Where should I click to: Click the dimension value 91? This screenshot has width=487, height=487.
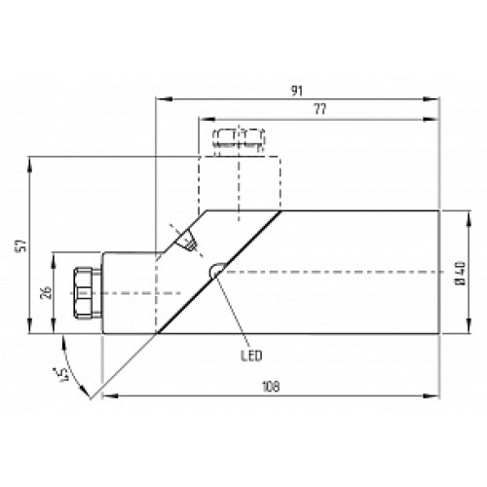(x=294, y=91)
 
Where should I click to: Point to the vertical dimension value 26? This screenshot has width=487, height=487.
(x=40, y=293)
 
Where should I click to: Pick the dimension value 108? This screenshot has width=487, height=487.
(x=272, y=388)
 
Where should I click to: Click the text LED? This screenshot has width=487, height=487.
(x=250, y=356)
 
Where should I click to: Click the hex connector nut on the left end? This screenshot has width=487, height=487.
(x=85, y=293)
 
